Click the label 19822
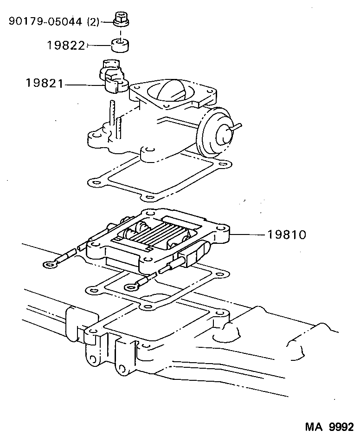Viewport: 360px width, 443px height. [65, 46]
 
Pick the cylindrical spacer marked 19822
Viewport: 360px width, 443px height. [120, 46]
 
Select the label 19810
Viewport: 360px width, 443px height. [286, 235]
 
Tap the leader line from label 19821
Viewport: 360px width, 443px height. [84, 84]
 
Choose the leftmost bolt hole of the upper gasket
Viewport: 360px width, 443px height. [96, 182]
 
